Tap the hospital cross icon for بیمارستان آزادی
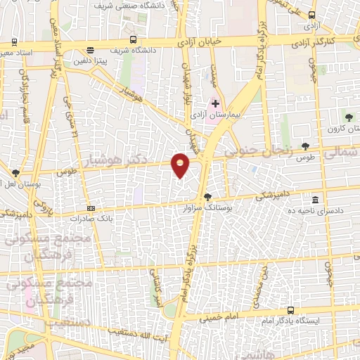tap(216, 103)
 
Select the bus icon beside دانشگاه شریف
tap(134, 40)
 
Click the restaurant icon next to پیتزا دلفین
tap(90, 50)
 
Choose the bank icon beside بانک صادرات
tap(90, 208)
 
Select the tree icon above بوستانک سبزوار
tap(207, 198)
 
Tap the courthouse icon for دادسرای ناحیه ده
tap(314, 199)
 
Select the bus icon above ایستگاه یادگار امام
tap(290, 310)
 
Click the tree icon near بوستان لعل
tap(15, 172)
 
